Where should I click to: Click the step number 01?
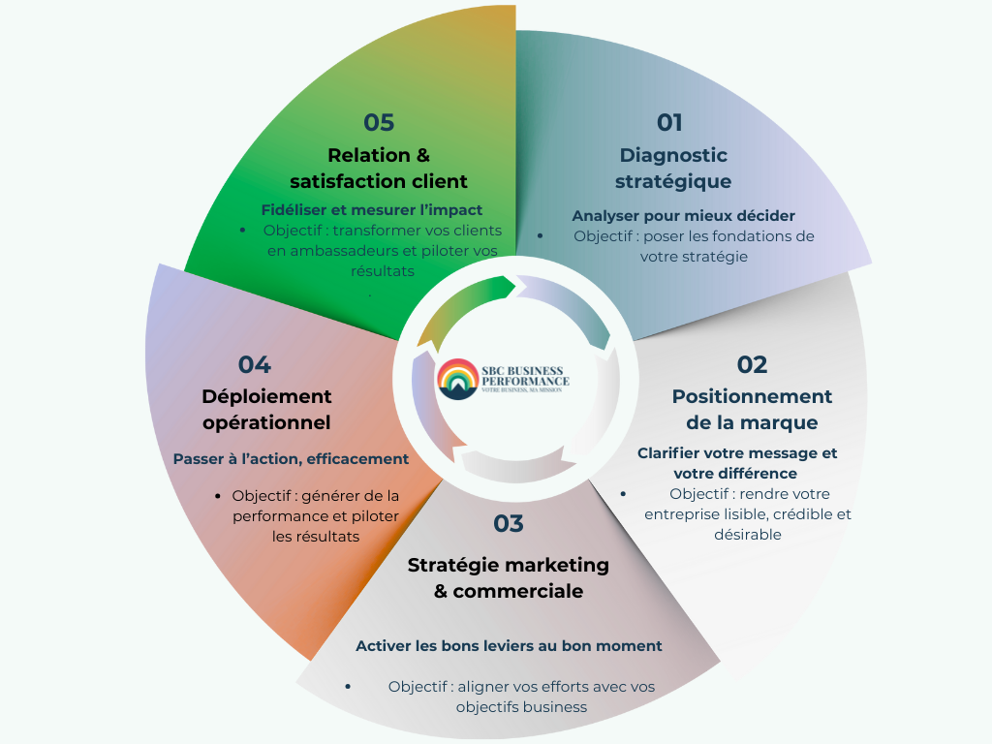pos(669,123)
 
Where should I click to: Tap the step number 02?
pos(752,365)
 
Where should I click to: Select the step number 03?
pos(508,524)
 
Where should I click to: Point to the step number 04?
pos(255,365)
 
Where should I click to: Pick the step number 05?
pos(379,123)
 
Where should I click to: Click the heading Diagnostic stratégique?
pos(673,169)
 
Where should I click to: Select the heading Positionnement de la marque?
pos(752,410)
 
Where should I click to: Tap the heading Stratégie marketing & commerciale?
pos(508,577)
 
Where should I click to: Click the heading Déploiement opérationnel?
pos(266,410)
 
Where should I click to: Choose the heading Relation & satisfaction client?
pos(379,169)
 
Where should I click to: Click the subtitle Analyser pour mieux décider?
pos(683,215)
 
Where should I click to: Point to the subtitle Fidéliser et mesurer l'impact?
pos(372,209)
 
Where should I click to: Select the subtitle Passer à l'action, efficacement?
pos(291,458)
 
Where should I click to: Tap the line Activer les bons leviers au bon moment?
pos(509,645)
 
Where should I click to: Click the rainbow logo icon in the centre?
pos(457,379)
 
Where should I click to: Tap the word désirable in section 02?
pos(747,534)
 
